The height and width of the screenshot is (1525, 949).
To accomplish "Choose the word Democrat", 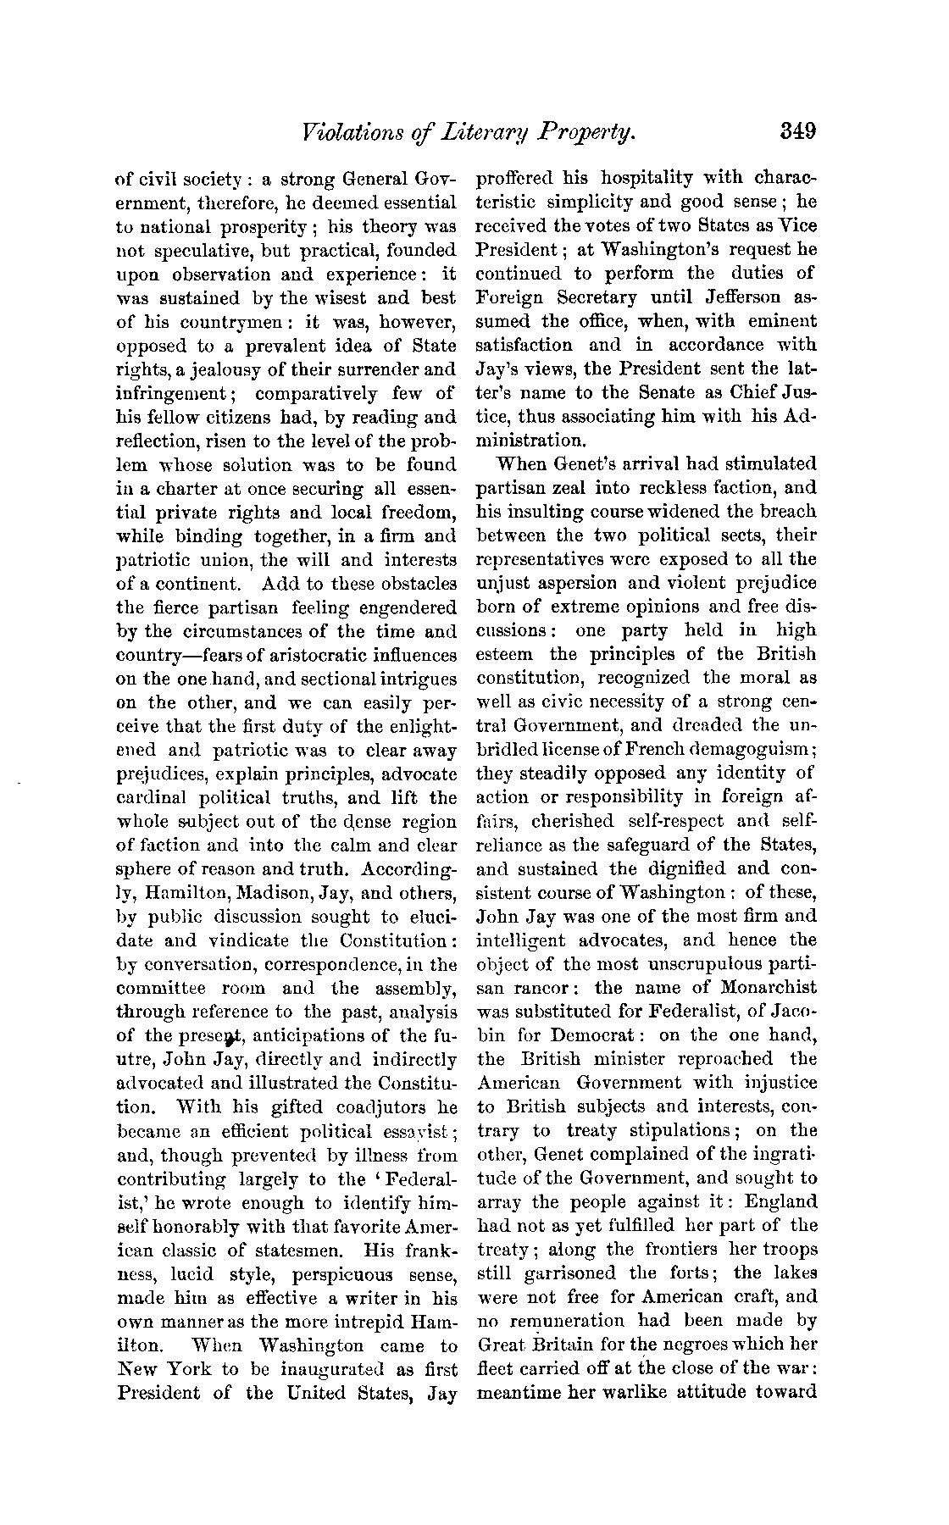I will pos(593,1035).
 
